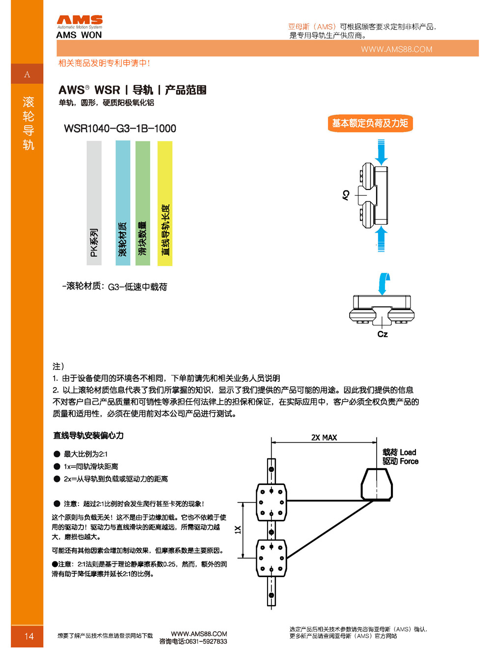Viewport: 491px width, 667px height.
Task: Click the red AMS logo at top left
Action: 80,20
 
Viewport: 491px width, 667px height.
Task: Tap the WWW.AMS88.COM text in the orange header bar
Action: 396,49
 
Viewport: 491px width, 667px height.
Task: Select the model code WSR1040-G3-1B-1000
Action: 120,129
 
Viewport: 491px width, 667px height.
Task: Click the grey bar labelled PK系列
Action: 94,203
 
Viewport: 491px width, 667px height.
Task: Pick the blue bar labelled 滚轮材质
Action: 123,203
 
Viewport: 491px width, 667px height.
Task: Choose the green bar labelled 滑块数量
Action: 142,203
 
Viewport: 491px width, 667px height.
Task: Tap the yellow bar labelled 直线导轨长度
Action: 165,203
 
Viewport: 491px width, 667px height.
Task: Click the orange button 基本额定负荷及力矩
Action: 370,123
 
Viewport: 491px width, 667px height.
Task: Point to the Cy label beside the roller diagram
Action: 346,195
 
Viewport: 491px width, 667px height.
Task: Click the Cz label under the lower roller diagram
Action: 382,334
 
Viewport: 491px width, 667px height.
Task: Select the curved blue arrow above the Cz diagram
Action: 383,284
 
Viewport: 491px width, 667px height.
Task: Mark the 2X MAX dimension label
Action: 324,437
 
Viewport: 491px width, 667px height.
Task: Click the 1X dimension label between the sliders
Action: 238,530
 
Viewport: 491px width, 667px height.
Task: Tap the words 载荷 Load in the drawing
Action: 399,452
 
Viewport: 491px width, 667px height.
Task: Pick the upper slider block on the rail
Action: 271,502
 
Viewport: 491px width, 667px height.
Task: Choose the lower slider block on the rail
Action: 271,558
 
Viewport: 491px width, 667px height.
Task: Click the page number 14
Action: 29,636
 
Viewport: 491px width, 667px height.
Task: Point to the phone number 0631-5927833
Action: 206,641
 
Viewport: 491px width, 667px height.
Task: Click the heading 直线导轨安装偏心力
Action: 88,435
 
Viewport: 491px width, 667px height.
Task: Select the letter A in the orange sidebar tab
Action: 27,75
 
